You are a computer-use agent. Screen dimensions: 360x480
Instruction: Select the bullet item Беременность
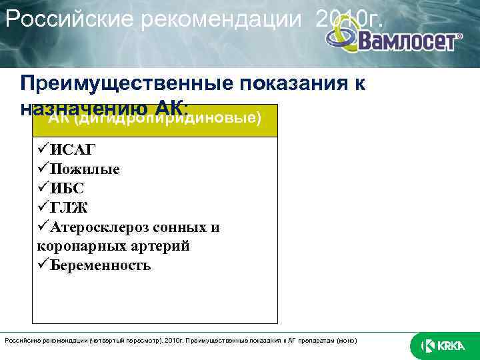[x=99, y=265]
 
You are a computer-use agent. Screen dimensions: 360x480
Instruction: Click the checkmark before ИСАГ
[x=44, y=149]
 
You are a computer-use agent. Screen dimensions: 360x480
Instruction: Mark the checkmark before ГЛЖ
[x=44, y=207]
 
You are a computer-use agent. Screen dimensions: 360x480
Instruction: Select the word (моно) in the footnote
[x=345, y=341]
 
